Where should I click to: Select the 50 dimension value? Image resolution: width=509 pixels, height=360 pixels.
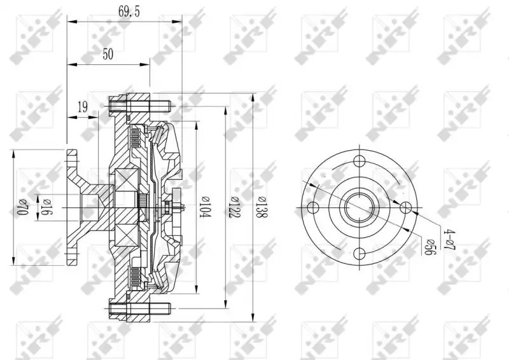108,54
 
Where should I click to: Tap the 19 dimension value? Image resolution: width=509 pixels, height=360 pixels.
83,106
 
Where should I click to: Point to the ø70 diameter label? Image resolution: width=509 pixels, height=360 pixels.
22,207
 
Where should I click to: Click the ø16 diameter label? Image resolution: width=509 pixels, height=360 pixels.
46,207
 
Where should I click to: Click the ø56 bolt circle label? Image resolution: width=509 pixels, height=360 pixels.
431,247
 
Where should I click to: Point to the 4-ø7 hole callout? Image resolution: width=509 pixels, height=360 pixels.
450,240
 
